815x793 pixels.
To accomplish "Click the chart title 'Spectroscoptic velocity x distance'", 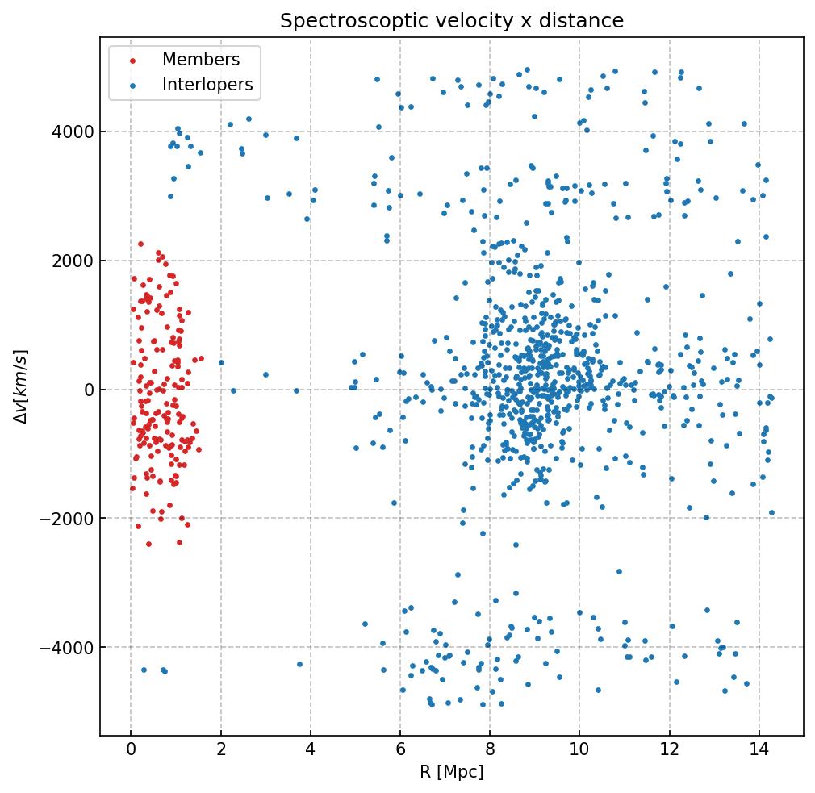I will (452, 21).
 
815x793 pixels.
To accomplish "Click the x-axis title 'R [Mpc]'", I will (452, 772).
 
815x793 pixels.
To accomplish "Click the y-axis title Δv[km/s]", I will (23, 386).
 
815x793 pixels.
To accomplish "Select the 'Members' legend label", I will (201, 60).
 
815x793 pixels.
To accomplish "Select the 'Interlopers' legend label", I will (207, 85).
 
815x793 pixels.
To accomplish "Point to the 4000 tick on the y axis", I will (77, 131).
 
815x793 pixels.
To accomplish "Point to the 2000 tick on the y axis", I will (77, 261).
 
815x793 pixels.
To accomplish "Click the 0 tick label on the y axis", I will (89, 390).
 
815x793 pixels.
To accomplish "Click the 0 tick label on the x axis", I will (131, 749).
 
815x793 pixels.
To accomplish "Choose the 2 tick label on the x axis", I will (220, 749).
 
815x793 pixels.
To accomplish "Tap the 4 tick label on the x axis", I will (310, 749).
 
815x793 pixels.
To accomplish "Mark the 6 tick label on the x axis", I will (400, 749).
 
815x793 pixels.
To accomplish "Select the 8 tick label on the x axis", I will (490, 749).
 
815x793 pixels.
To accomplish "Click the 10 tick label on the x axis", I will (579, 749).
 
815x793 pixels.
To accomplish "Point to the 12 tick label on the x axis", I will (669, 749).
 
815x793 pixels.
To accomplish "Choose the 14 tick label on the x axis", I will (759, 749).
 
